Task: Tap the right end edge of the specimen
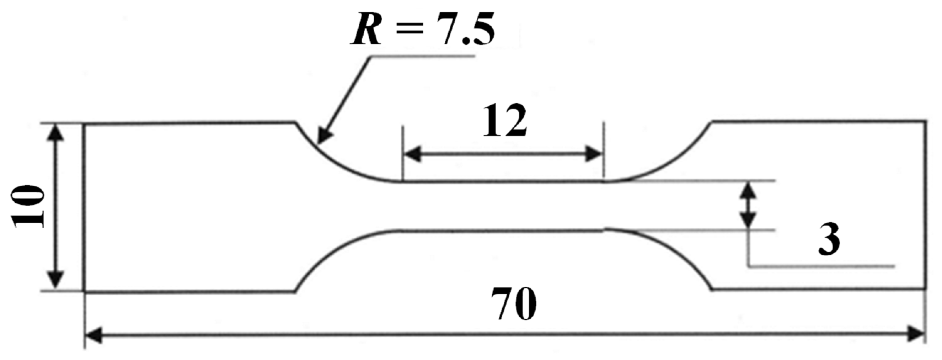coord(926,205)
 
